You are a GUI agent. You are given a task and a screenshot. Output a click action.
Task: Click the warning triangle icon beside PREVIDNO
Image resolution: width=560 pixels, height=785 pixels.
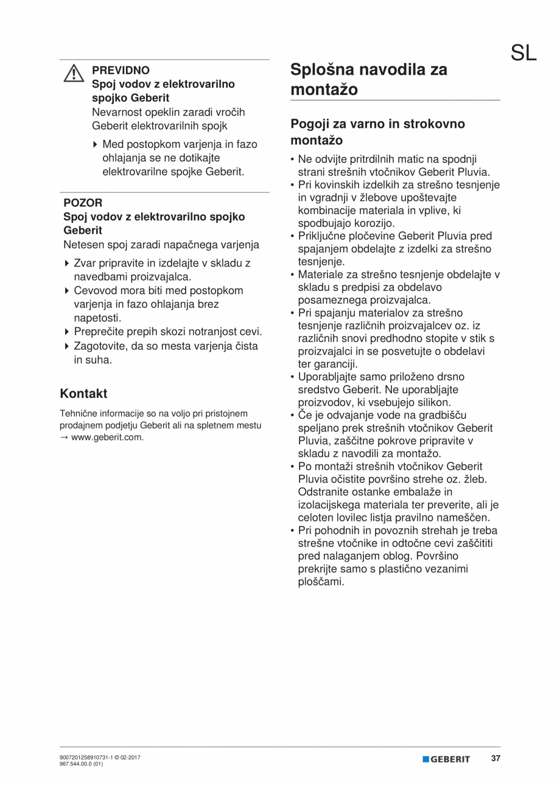(74, 73)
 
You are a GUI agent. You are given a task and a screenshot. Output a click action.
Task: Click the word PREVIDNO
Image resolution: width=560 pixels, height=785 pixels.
(121, 70)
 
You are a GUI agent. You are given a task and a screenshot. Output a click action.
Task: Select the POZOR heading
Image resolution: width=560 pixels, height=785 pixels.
(83, 203)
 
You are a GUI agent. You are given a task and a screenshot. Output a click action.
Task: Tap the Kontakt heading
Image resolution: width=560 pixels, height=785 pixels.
(84, 393)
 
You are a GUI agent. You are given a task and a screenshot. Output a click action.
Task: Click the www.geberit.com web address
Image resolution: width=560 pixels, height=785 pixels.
(107, 437)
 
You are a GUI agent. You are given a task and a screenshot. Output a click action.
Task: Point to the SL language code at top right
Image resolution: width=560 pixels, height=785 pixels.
(523, 54)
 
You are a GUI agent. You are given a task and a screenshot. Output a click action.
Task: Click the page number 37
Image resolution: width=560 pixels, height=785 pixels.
(495, 759)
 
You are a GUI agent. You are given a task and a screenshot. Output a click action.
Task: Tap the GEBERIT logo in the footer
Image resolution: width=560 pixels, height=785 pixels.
(446, 759)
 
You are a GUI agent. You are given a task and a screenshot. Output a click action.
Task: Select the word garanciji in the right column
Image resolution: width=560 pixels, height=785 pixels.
(336, 364)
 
